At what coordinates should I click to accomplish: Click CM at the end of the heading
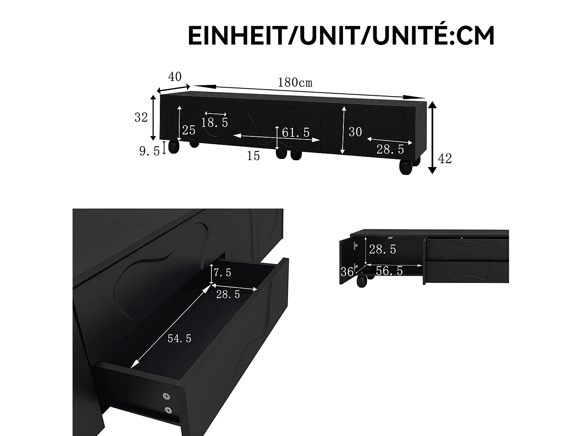pos(475,36)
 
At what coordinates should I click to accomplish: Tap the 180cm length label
pos(295,83)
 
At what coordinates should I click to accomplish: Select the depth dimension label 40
pos(175,77)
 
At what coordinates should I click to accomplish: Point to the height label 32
pos(141,117)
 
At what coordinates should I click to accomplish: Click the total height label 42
pos(445,159)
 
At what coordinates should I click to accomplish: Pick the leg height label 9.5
pos(149,151)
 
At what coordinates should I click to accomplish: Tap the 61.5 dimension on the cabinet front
pos(296,133)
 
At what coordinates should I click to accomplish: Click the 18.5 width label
pos(215,123)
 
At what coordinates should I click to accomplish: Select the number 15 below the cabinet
pos(253,156)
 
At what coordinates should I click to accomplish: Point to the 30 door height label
pos(355,132)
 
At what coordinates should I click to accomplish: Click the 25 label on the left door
pos(189,131)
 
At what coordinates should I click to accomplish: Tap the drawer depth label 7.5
pos(222,273)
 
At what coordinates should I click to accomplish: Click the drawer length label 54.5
pos(179,339)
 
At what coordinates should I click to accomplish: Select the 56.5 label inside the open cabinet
pos(389,271)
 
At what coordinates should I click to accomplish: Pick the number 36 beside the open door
pos(347,272)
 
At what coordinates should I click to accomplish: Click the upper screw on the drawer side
pos(167,396)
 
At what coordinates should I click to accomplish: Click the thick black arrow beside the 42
pos(433,138)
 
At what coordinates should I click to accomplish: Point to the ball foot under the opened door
pos(361,281)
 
